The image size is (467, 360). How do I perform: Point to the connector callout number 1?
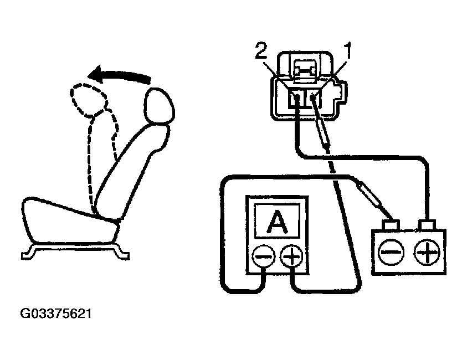coord(348,53)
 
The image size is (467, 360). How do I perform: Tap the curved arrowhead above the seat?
coord(100,74)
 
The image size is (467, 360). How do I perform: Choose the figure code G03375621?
coord(55,314)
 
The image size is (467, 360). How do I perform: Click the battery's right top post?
coord(427,225)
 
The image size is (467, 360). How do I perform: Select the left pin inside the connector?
coord(297,99)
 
